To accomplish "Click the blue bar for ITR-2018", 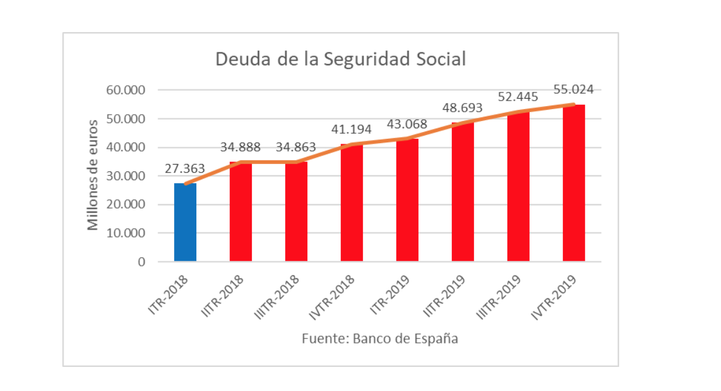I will click(185, 223).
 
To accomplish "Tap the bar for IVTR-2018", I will click(352, 203).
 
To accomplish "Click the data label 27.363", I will click(185, 169).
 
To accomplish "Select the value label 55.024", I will click(573, 89).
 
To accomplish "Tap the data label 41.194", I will click(351, 130).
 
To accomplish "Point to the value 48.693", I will click(462, 108).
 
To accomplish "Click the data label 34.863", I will click(296, 147).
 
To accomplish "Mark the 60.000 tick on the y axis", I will click(126, 90).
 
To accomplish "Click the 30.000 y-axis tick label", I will click(126, 176).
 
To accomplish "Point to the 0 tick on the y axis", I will click(142, 262).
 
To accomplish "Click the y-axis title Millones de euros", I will click(93, 175).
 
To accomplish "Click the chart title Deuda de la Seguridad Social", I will click(340, 60).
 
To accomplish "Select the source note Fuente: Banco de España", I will click(380, 339).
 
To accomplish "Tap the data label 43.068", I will click(407, 124).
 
